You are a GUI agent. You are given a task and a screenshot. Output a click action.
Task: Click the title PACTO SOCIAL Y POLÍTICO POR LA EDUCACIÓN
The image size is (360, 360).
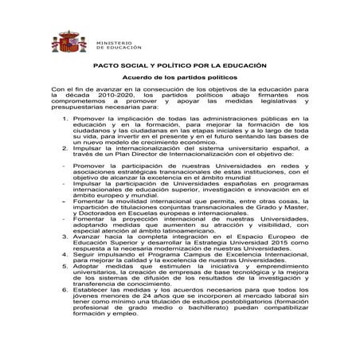coord(179,70)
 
